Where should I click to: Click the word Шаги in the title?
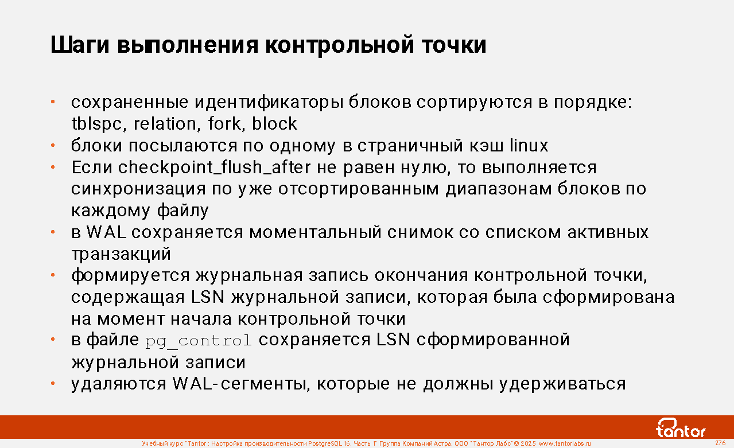point(80,45)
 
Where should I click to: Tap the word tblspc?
point(97,124)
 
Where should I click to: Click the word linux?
point(529,145)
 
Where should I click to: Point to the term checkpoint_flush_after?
point(214,167)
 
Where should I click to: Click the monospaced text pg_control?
point(198,341)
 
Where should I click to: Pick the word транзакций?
point(121,254)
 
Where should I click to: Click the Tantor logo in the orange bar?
point(681,428)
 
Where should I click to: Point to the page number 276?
point(720,443)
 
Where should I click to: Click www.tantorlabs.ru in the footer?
point(565,443)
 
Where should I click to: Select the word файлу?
point(182,211)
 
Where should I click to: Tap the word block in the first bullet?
point(274,123)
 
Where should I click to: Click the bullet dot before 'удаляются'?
point(53,383)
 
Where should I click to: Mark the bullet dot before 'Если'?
point(53,167)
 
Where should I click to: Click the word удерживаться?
point(562,384)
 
